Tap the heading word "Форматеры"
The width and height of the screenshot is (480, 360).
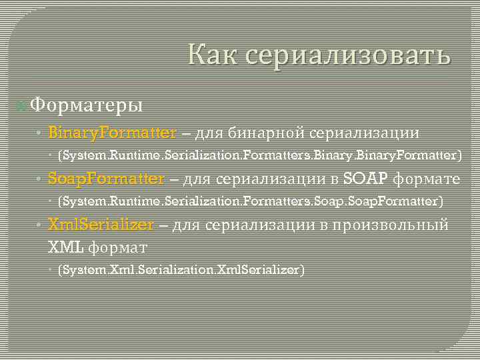(86, 105)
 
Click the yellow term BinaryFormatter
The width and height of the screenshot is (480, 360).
(113, 133)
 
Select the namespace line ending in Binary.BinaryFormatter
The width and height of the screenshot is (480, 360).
(259, 156)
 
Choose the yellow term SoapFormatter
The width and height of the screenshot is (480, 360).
(106, 179)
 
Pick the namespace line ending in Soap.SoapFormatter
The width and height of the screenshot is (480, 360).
(250, 201)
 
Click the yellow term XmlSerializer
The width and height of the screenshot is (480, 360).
(101, 225)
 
